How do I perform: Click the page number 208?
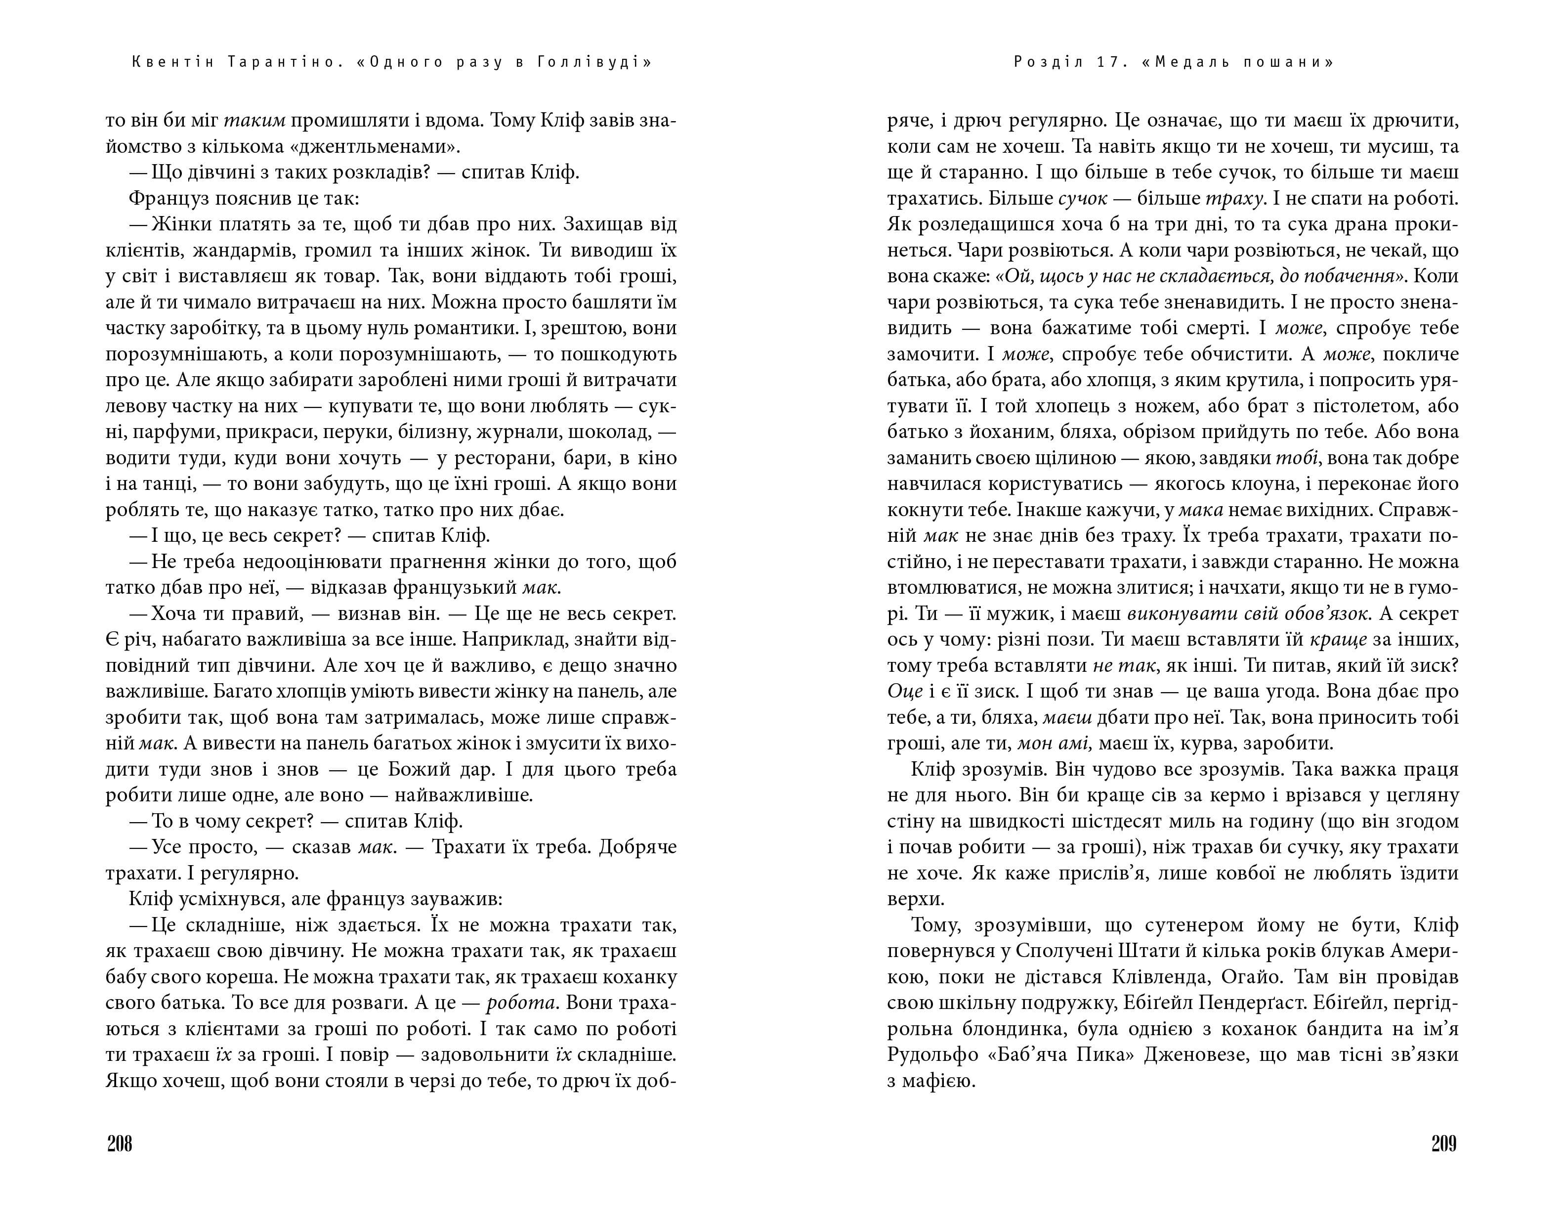point(120,1143)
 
